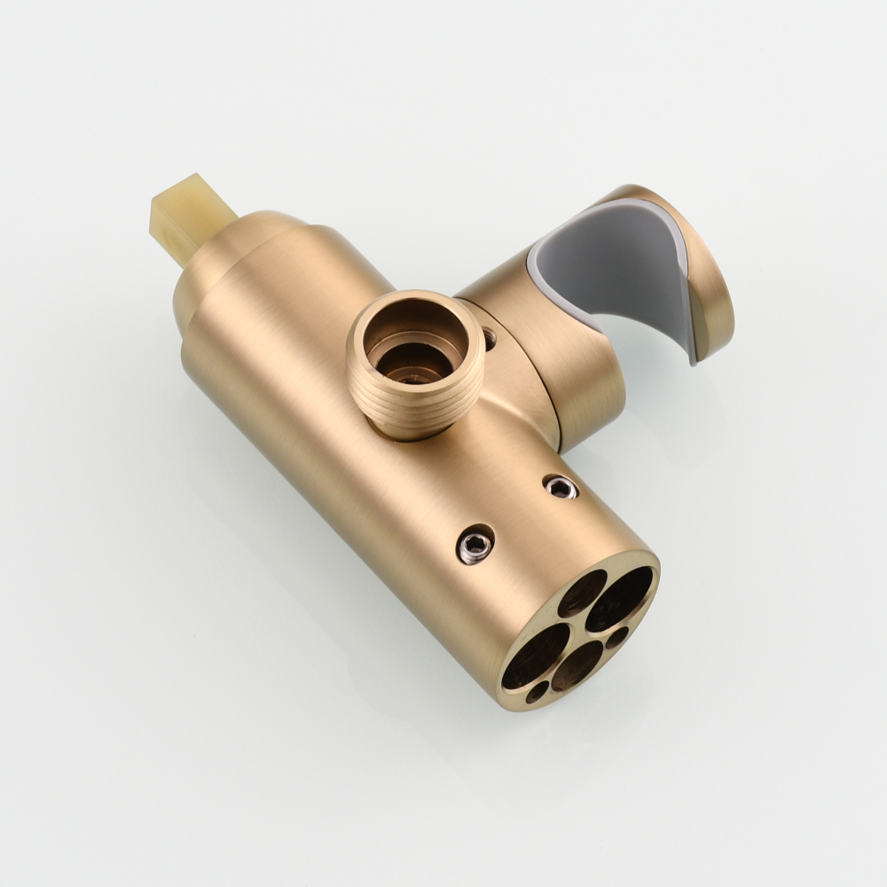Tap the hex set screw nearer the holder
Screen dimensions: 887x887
(561, 485)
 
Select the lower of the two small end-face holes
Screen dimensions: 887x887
(536, 691)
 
